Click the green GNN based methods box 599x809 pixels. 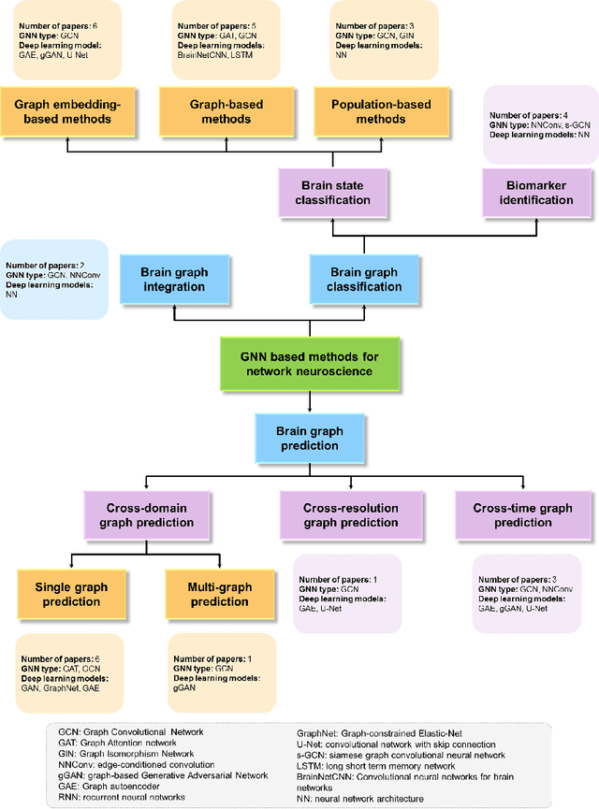point(299,365)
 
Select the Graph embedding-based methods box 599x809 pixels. point(67,113)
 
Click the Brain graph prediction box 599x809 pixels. point(299,439)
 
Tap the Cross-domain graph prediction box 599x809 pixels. point(139,515)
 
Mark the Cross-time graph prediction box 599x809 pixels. point(522,515)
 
